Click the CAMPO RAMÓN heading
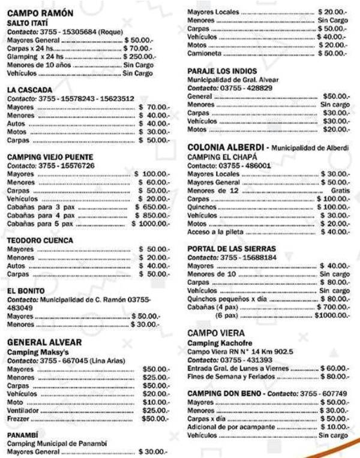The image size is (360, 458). click(40, 13)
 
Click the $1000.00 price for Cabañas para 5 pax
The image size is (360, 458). click(151, 224)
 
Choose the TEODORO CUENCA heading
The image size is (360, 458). click(40, 240)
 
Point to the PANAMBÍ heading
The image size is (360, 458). click(24, 435)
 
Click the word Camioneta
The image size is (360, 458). click(205, 53)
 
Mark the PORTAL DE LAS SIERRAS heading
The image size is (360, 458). click(232, 248)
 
